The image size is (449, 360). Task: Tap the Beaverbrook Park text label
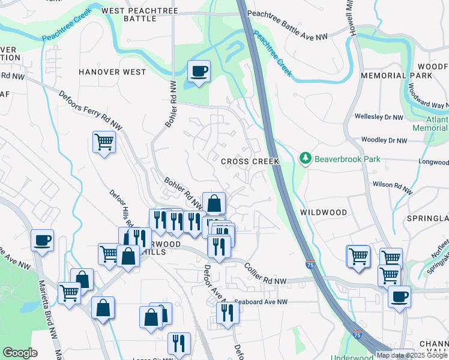point(345,159)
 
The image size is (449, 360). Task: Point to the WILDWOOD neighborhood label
point(324,212)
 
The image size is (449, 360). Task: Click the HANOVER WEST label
point(112,72)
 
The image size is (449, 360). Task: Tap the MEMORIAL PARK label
point(396,76)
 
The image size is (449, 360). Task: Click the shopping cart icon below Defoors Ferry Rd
point(103,142)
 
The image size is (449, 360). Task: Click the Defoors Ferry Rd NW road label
point(87,108)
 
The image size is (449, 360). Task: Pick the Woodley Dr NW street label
point(384,140)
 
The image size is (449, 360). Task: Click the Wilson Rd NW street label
point(393,188)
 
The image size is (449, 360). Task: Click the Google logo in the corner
point(20,353)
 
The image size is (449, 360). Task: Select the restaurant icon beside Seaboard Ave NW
point(227,312)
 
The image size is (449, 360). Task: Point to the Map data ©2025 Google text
point(412,355)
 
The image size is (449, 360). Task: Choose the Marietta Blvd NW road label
point(47,306)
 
